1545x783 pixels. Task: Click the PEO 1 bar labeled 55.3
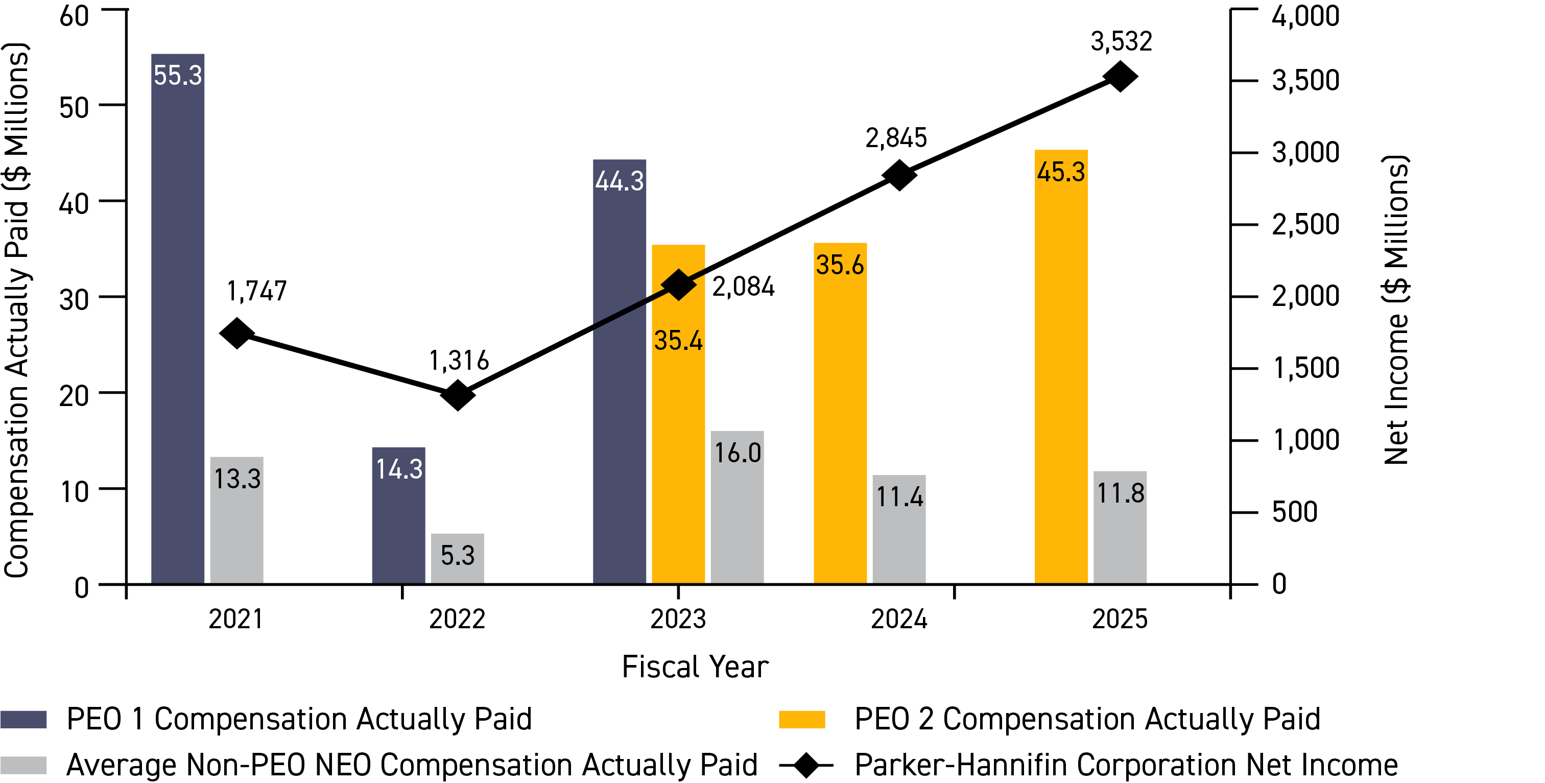(178, 318)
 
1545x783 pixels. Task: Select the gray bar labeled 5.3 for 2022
(457, 558)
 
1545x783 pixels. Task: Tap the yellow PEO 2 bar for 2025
(1060, 366)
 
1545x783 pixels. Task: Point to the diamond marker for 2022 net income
(458, 395)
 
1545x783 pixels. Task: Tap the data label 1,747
(257, 292)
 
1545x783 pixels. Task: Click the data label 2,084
(743, 287)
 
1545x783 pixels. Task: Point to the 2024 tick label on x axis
(898, 619)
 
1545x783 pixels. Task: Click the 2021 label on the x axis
(236, 619)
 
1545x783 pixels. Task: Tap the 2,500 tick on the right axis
(1305, 224)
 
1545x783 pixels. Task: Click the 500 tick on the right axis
(1294, 512)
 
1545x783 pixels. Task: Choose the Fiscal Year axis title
(695, 667)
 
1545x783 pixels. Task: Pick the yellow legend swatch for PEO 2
(801, 719)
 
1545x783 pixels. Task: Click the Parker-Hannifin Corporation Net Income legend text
(1125, 765)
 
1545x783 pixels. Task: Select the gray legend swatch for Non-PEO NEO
(23, 765)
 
